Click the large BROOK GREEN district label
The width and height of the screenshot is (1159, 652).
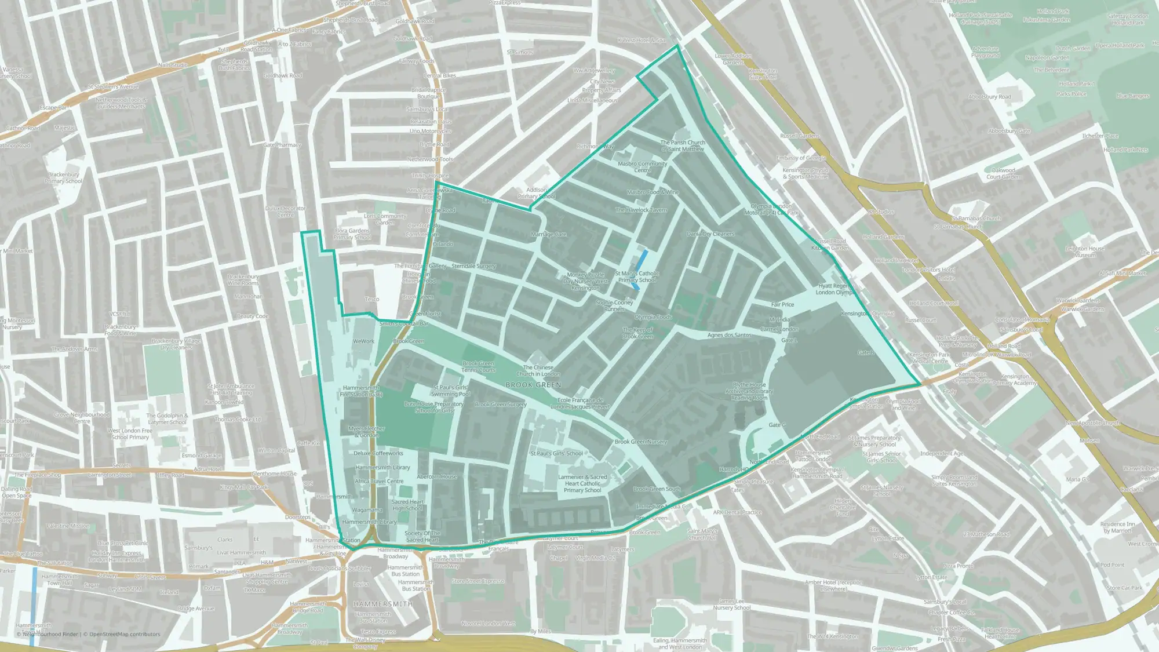pos(533,385)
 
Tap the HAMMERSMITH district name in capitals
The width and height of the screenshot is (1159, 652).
pos(383,604)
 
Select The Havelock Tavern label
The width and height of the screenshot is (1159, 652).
pos(641,210)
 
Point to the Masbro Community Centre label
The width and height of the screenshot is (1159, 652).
pos(642,167)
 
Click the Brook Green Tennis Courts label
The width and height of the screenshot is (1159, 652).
pos(478,367)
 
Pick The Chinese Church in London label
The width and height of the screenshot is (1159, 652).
pos(538,370)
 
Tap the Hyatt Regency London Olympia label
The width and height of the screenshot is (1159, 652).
pos(835,289)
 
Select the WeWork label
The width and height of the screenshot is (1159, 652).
pos(363,341)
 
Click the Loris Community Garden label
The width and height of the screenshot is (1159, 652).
pos(385,219)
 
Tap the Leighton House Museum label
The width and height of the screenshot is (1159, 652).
pos(1085,252)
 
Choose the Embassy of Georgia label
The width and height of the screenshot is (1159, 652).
pos(801,158)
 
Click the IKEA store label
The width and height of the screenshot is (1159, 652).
pos(239,563)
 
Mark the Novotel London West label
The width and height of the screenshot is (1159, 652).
pos(488,624)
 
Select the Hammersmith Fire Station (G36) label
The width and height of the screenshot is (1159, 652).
pos(360,391)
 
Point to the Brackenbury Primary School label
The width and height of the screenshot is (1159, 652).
pos(64,177)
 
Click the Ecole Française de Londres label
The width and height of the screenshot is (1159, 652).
pos(580,403)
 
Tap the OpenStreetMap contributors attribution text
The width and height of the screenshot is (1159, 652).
pos(125,634)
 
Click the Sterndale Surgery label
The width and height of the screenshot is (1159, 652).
pos(473,266)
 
